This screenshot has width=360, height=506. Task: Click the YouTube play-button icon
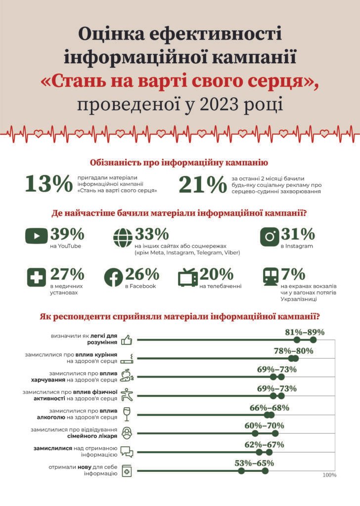coord(37,237)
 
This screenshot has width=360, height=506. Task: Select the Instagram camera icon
coord(270,236)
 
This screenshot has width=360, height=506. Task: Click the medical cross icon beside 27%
coord(37,277)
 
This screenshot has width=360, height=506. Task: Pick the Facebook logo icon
coord(113,277)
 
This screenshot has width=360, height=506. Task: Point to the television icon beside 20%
coord(187,277)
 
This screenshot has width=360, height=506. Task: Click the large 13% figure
coord(48,184)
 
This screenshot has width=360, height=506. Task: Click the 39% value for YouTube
coord(67,233)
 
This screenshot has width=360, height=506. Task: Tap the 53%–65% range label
coord(254,463)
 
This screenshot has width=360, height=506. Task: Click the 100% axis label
coord(329,475)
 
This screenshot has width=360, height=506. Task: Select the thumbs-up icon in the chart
coord(127,339)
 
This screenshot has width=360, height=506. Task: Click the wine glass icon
coord(127,414)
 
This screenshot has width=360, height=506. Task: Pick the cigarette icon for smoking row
coord(128,358)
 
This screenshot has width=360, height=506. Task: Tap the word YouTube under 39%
coord(65,246)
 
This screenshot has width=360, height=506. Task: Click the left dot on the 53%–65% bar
coord(241,471)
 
